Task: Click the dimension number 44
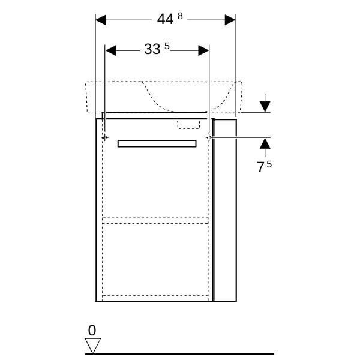166,19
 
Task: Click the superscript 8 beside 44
180,16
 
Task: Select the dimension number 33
152,49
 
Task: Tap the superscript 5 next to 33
167,46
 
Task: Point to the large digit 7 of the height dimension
260,167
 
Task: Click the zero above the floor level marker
92,331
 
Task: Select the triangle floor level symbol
93,346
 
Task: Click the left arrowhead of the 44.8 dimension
101,20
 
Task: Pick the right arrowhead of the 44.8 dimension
230,20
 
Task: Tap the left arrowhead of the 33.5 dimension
110,50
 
